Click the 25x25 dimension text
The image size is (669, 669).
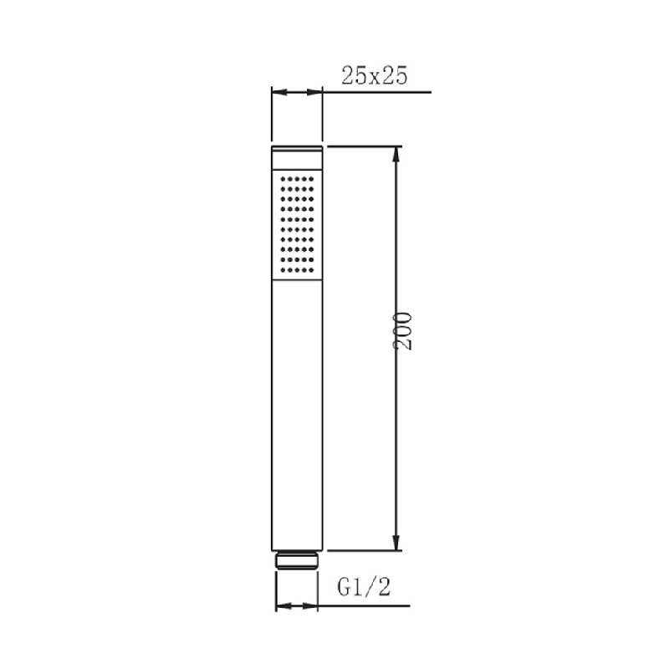pyautogui.click(x=374, y=76)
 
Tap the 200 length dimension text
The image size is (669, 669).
pyautogui.click(x=402, y=331)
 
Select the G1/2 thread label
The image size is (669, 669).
pyautogui.click(x=364, y=587)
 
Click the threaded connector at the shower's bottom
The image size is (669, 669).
pyautogui.click(x=297, y=560)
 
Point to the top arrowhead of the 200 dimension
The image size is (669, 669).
pyautogui.click(x=396, y=155)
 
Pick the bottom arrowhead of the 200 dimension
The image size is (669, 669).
pyautogui.click(x=396, y=542)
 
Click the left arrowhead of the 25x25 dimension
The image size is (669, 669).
pyautogui.click(x=279, y=92)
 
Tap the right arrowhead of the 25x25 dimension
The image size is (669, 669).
pyautogui.click(x=314, y=92)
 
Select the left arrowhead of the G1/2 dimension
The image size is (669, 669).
pyautogui.click(x=283, y=605)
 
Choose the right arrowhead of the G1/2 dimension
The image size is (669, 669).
pyautogui.click(x=310, y=605)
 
